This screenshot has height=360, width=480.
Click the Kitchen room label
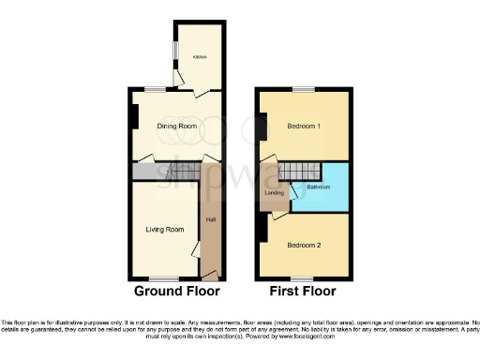tap(199, 57)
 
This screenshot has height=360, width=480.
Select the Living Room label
tap(163, 229)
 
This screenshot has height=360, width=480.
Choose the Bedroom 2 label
tap(304, 246)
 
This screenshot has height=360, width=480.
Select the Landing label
tap(274, 193)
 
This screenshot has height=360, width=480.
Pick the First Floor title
tap(303, 291)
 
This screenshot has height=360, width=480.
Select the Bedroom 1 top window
tap(302, 89)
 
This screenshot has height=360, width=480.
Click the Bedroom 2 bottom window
tap(302, 277)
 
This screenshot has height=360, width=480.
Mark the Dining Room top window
tap(153, 89)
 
